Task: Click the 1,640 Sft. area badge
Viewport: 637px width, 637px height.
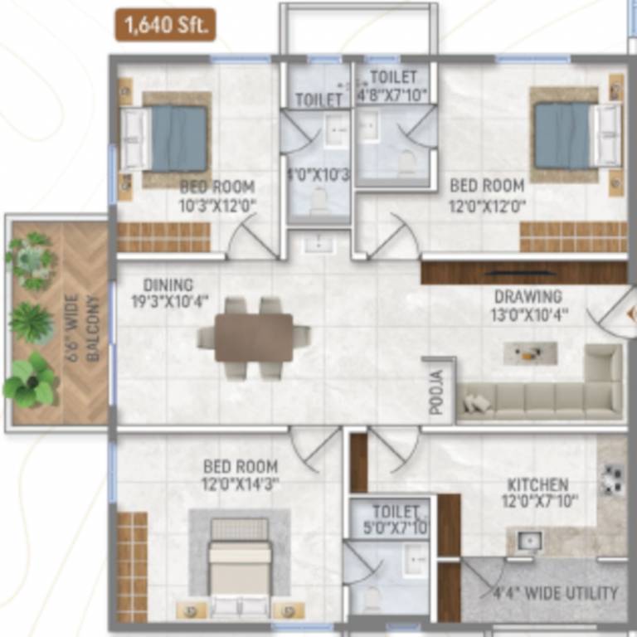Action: pyautogui.click(x=166, y=25)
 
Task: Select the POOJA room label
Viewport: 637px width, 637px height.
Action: pyautogui.click(x=438, y=390)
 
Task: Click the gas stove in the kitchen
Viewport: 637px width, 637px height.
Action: pyautogui.click(x=613, y=479)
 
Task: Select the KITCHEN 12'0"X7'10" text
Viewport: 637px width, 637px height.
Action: pyautogui.click(x=538, y=493)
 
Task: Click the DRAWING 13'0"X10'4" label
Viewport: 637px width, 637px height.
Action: pyautogui.click(x=528, y=304)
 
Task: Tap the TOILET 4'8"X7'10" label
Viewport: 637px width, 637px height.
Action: pyautogui.click(x=392, y=86)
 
